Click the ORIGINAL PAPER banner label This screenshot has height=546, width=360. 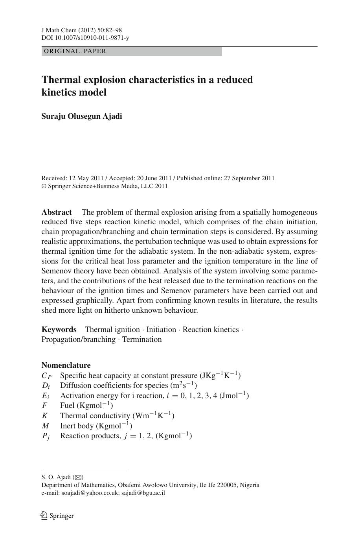click(75, 51)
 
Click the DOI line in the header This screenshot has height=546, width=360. click(85, 38)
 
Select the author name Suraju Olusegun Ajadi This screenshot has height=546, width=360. click(82, 116)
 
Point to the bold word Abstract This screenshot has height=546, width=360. click(57, 212)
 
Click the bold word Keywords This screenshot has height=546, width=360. click(59, 330)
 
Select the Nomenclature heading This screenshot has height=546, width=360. click(66, 365)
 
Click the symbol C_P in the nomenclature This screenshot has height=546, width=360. click(46, 376)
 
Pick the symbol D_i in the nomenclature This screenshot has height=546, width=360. click(46, 386)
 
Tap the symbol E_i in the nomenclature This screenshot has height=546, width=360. click(46, 396)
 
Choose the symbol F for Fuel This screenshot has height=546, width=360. click(44, 406)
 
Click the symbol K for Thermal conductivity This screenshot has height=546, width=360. click(45, 416)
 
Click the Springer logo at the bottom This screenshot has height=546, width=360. click(57, 516)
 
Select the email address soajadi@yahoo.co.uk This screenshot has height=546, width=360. click(90, 493)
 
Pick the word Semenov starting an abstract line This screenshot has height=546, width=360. click(57, 271)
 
